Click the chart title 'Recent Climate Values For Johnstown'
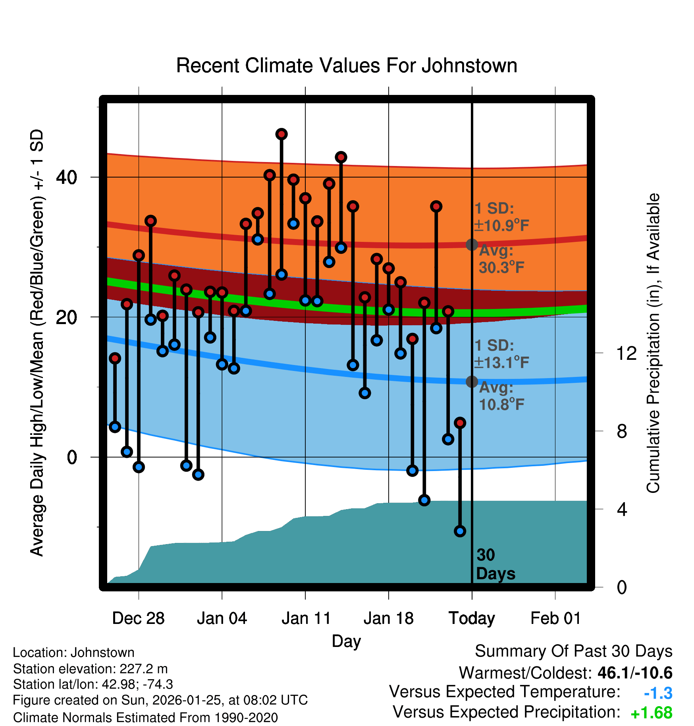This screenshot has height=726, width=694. point(347,66)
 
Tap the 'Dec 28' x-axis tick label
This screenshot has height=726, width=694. point(138,618)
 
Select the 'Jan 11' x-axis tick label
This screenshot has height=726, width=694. point(306,618)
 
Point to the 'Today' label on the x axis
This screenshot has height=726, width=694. point(472,618)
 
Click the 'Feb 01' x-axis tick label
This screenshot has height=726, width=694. point(555,618)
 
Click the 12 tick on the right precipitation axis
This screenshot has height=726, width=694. point(626,353)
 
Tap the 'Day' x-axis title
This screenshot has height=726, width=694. point(346,641)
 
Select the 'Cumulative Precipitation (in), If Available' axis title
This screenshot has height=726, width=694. point(653,343)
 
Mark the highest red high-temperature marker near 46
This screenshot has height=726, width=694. point(281,134)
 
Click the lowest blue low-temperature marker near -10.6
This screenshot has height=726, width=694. point(460,531)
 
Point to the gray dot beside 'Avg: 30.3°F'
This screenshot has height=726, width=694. point(472,245)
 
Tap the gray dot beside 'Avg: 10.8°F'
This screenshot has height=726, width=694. point(472,382)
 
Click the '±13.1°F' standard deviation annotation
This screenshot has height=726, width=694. point(501,362)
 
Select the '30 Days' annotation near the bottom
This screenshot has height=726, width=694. point(495,564)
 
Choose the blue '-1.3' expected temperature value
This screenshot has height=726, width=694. point(658,693)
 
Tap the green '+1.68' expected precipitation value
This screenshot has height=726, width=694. point(651,713)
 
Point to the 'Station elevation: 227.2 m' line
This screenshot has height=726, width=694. point(90,669)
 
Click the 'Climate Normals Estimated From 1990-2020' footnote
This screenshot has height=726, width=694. point(145,718)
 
